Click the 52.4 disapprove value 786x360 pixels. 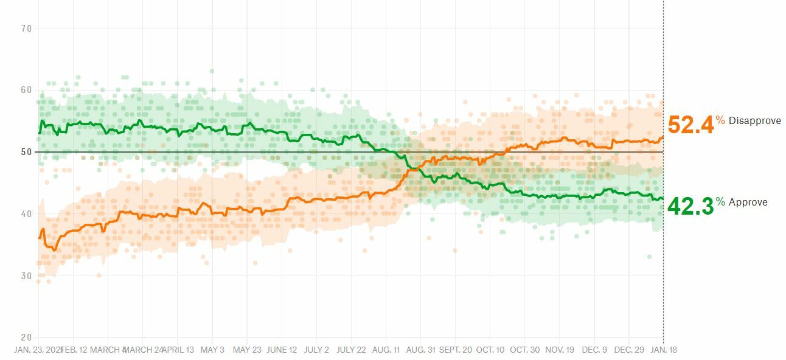pyautogui.click(x=690, y=125)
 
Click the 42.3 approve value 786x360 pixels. pyautogui.click(x=690, y=206)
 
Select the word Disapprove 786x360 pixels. pyautogui.click(x=754, y=120)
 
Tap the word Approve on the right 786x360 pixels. pyautogui.click(x=748, y=202)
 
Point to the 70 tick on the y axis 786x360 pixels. pyautogui.click(x=26, y=28)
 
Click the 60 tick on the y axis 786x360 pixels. pyautogui.click(x=26, y=90)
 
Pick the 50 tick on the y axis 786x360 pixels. pyautogui.click(x=26, y=152)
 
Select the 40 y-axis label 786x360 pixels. pyautogui.click(x=26, y=214)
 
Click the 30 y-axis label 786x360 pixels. pyautogui.click(x=26, y=275)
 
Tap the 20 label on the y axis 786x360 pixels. pyautogui.click(x=26, y=337)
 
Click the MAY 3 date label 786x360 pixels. pyautogui.click(x=212, y=350)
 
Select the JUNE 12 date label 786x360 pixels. pyautogui.click(x=282, y=350)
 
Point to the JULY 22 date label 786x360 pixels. pyautogui.click(x=351, y=350)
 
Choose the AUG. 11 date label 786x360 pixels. pyautogui.click(x=386, y=350)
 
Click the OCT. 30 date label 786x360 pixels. pyautogui.click(x=524, y=350)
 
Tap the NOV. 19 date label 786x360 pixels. pyautogui.click(x=559, y=350)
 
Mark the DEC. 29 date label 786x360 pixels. pyautogui.click(x=628, y=350)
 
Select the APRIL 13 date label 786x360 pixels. pyautogui.click(x=177, y=350)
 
